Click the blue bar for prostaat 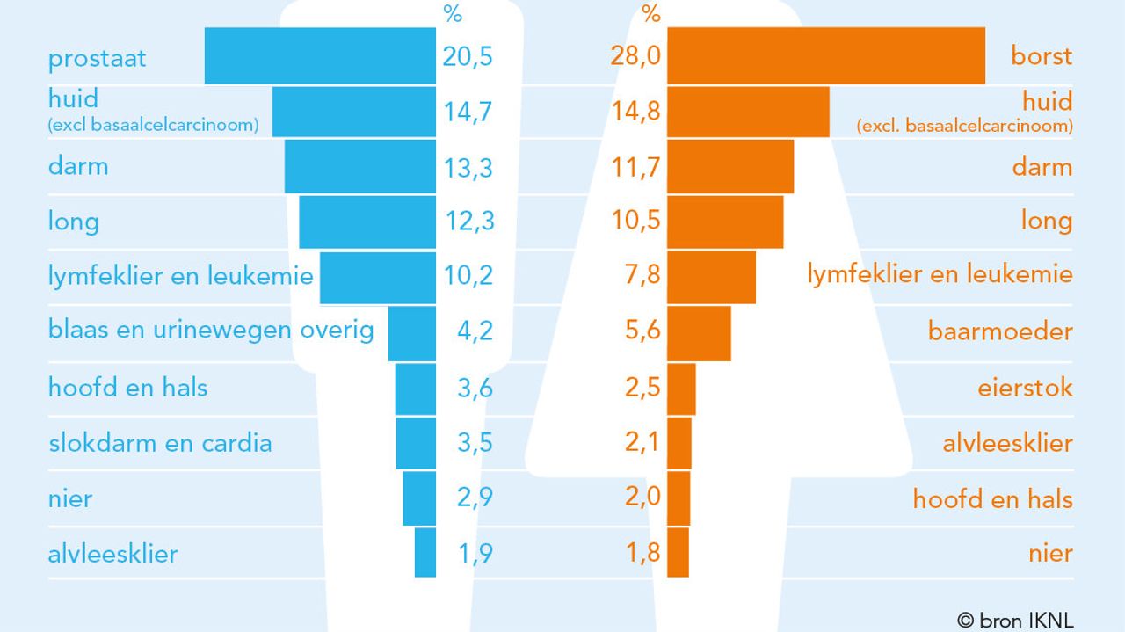tap(320, 56)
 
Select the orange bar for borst tap(826, 56)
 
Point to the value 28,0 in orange tap(635, 57)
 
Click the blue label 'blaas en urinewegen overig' tap(211, 330)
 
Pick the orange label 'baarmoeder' tap(1000, 331)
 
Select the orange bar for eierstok tap(681, 388)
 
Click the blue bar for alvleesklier tap(425, 552)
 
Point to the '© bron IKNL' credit tap(1015, 620)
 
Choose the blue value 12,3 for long tap(468, 220)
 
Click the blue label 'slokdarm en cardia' tap(160, 442)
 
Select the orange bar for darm tap(730, 166)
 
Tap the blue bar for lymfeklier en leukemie tap(378, 277)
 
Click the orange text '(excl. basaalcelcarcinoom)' tap(964, 126)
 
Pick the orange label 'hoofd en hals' tap(992, 499)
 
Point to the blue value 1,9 tap(475, 553)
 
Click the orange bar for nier tap(678, 552)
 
